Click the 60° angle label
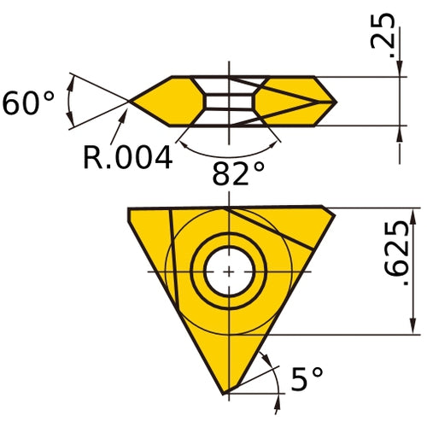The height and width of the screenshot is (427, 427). click(x=28, y=103)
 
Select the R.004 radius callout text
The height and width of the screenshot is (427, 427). click(x=127, y=156)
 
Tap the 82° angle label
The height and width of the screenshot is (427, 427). click(x=238, y=173)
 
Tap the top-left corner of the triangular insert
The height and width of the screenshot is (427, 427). click(x=130, y=208)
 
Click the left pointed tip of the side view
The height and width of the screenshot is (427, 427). click(x=130, y=102)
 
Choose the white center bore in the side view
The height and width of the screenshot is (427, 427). click(x=228, y=102)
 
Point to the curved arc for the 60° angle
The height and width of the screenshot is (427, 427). click(x=70, y=102)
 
